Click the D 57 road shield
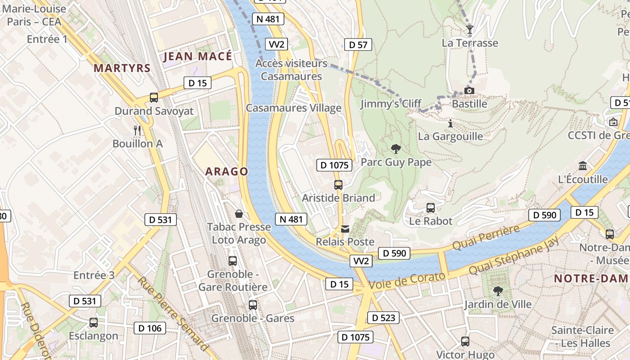click(358, 44)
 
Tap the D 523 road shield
click(383, 318)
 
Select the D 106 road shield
click(150, 328)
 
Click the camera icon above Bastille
click(469, 90)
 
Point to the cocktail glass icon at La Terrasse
click(470, 30)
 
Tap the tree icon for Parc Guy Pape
click(396, 148)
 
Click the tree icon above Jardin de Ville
click(498, 291)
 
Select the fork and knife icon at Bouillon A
click(137, 130)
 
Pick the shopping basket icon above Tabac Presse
click(238, 213)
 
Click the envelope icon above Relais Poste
click(345, 229)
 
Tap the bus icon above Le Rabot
click(431, 207)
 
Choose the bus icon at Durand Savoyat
click(154, 97)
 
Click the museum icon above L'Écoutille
click(583, 166)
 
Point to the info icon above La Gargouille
click(450, 123)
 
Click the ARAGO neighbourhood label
click(227, 171)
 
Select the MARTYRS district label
click(122, 68)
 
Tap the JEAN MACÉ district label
click(198, 56)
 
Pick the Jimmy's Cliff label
click(391, 104)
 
